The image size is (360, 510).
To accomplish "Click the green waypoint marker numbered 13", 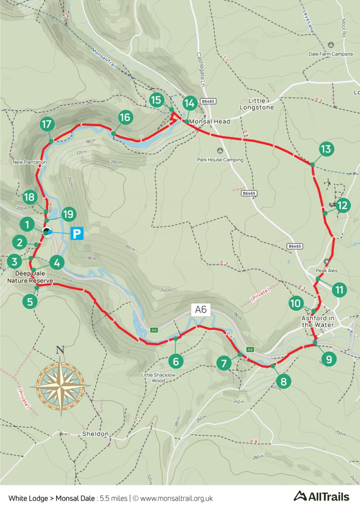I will tap(326, 149).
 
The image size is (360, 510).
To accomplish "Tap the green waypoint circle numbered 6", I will tap(176, 361).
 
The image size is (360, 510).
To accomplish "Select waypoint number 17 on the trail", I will tap(47, 124).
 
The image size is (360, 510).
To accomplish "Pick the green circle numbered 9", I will tap(329, 359).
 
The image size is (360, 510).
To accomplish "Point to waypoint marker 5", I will tap(30, 302).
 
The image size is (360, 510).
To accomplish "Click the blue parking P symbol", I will tap(77, 233).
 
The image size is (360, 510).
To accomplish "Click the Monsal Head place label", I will tap(210, 121).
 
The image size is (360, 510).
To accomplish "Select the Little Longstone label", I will tap(257, 104).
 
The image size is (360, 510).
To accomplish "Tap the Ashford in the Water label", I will tap(318, 321).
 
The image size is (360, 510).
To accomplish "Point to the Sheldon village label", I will tap(95, 434).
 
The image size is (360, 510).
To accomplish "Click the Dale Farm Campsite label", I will tap(331, 54).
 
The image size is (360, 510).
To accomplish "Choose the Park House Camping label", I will tap(220, 160).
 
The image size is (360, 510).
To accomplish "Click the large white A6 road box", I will tap(201, 310).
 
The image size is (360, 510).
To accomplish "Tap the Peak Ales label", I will tap(327, 270).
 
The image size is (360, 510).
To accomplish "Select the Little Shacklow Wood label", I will tap(158, 378).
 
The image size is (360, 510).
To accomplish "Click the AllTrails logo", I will tap(321, 496).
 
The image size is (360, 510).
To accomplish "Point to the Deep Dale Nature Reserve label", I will tap(30, 277).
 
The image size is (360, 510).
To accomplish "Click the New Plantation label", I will tap(30, 162).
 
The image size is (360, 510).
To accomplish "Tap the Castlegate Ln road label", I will tap(200, 69).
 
